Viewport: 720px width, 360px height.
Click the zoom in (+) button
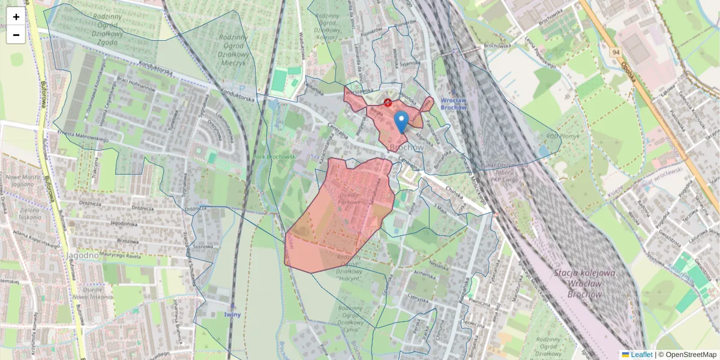coord(16,17)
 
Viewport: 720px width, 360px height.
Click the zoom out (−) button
coord(16,35)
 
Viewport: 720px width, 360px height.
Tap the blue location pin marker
coord(401,121)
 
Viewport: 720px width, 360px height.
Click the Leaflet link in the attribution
coord(640,355)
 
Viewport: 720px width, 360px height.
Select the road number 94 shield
coord(616,52)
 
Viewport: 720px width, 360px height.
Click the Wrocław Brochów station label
coord(453,104)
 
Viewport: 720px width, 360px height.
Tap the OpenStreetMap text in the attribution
coord(691,355)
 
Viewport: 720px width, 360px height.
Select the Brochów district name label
coord(406,147)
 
